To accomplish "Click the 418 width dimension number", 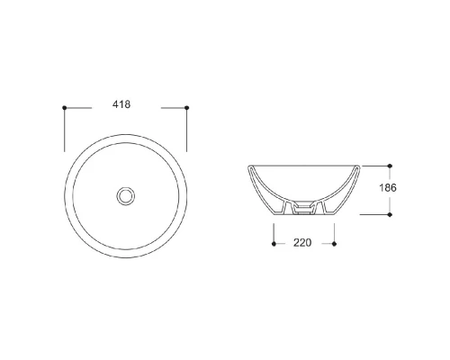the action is [x=121, y=104].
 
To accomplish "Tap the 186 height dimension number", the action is [x=388, y=188].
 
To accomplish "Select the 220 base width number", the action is [x=302, y=242].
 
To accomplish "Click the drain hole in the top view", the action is [x=126, y=196].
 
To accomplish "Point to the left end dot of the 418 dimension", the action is [x=65, y=108].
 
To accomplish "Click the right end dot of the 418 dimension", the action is [x=186, y=108].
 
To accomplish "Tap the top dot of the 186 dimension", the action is [x=390, y=166].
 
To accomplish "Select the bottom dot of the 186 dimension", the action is [x=390, y=214].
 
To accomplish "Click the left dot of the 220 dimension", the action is [x=274, y=244].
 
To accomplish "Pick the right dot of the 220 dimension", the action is [x=334, y=244].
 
